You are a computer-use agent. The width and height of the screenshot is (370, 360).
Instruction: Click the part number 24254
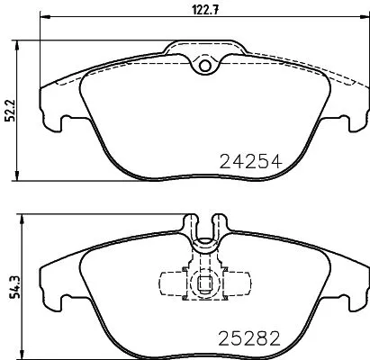click(251, 162)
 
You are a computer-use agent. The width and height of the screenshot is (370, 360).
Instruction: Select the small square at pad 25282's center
click(204, 288)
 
